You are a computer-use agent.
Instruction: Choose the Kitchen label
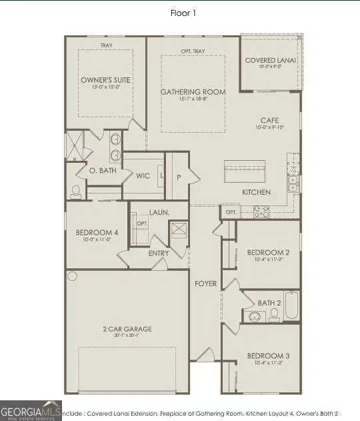click(256, 192)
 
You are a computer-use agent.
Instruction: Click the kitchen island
click(245, 172)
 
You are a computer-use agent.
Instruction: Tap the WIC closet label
click(143, 177)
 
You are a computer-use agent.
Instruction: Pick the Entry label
click(159, 254)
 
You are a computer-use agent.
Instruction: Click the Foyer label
click(205, 284)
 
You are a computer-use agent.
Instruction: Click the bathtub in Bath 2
click(293, 304)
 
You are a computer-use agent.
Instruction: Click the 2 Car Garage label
click(128, 329)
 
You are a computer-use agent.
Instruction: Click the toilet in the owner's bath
click(75, 191)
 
